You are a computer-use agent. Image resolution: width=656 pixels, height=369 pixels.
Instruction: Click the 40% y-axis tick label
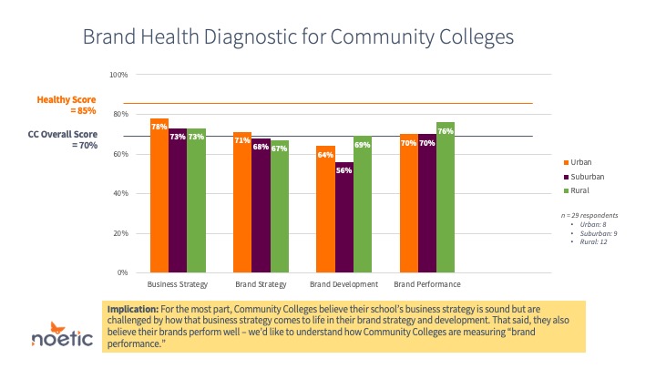point(121,194)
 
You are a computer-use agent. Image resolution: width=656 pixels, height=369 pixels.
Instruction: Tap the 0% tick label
point(123,273)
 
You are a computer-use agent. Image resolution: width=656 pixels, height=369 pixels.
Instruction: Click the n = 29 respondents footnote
point(586,214)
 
